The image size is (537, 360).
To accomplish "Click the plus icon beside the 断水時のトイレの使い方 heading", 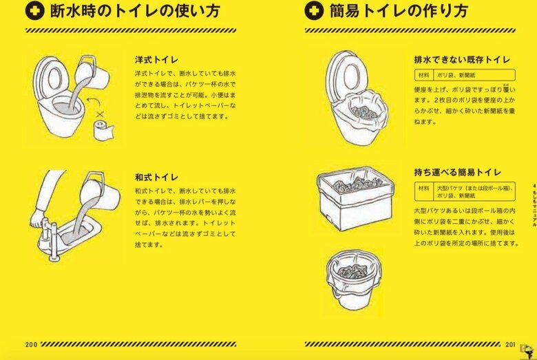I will [x=34, y=12].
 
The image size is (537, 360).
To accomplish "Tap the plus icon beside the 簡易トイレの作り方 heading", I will [x=313, y=12].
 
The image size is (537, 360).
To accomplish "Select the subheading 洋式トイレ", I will [x=158, y=60].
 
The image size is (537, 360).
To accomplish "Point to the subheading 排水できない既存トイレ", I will [x=461, y=60].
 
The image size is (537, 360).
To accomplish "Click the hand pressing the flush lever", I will [x=38, y=219].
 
